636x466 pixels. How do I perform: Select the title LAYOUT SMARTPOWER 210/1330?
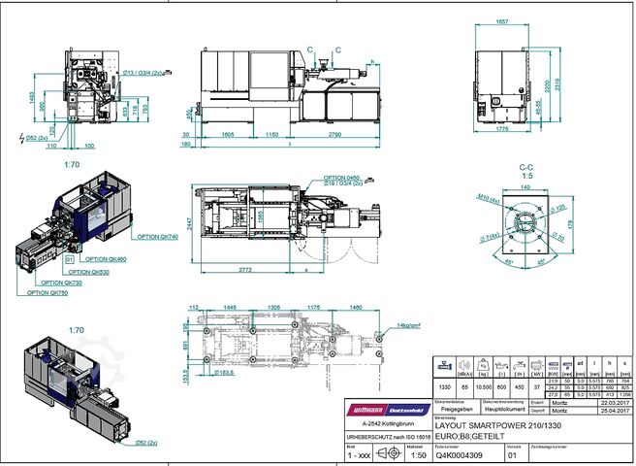coord(497,425)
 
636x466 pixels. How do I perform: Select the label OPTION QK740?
coord(156,237)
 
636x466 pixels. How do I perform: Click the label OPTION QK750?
coord(48,292)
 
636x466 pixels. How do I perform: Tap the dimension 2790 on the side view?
coord(334,133)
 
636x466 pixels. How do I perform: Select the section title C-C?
coord(527,167)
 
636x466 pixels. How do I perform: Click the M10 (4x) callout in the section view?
coord(486,199)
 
